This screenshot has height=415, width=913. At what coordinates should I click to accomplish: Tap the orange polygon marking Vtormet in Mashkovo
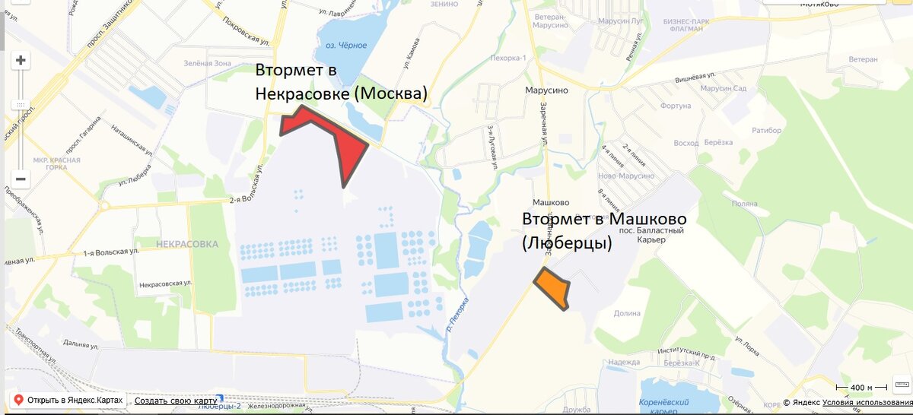553,288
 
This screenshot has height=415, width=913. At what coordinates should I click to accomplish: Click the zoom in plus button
21,61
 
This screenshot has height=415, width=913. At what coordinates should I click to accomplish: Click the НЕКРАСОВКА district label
186,244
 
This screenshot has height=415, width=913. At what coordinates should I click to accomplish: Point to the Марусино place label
546,89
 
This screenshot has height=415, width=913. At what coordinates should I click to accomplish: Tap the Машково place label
551,202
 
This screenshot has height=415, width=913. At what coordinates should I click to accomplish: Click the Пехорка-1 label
507,57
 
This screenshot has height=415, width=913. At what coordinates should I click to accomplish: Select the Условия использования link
867,402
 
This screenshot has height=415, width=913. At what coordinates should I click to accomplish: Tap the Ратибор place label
766,131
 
